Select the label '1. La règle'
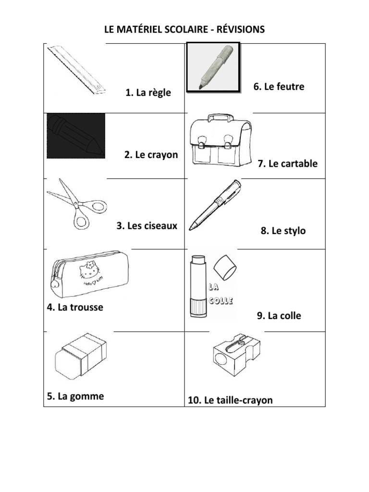pyautogui.click(x=148, y=93)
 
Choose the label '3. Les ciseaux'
pyautogui.click(x=147, y=225)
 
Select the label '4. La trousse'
pyautogui.click(x=75, y=307)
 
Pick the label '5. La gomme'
pyautogui.click(x=75, y=396)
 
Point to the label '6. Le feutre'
pyautogui.click(x=279, y=87)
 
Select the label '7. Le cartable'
pyautogui.click(x=287, y=164)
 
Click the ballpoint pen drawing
pyautogui.click(x=215, y=205)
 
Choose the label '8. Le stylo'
pyautogui.click(x=283, y=231)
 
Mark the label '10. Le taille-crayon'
pyautogui.click(x=230, y=400)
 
